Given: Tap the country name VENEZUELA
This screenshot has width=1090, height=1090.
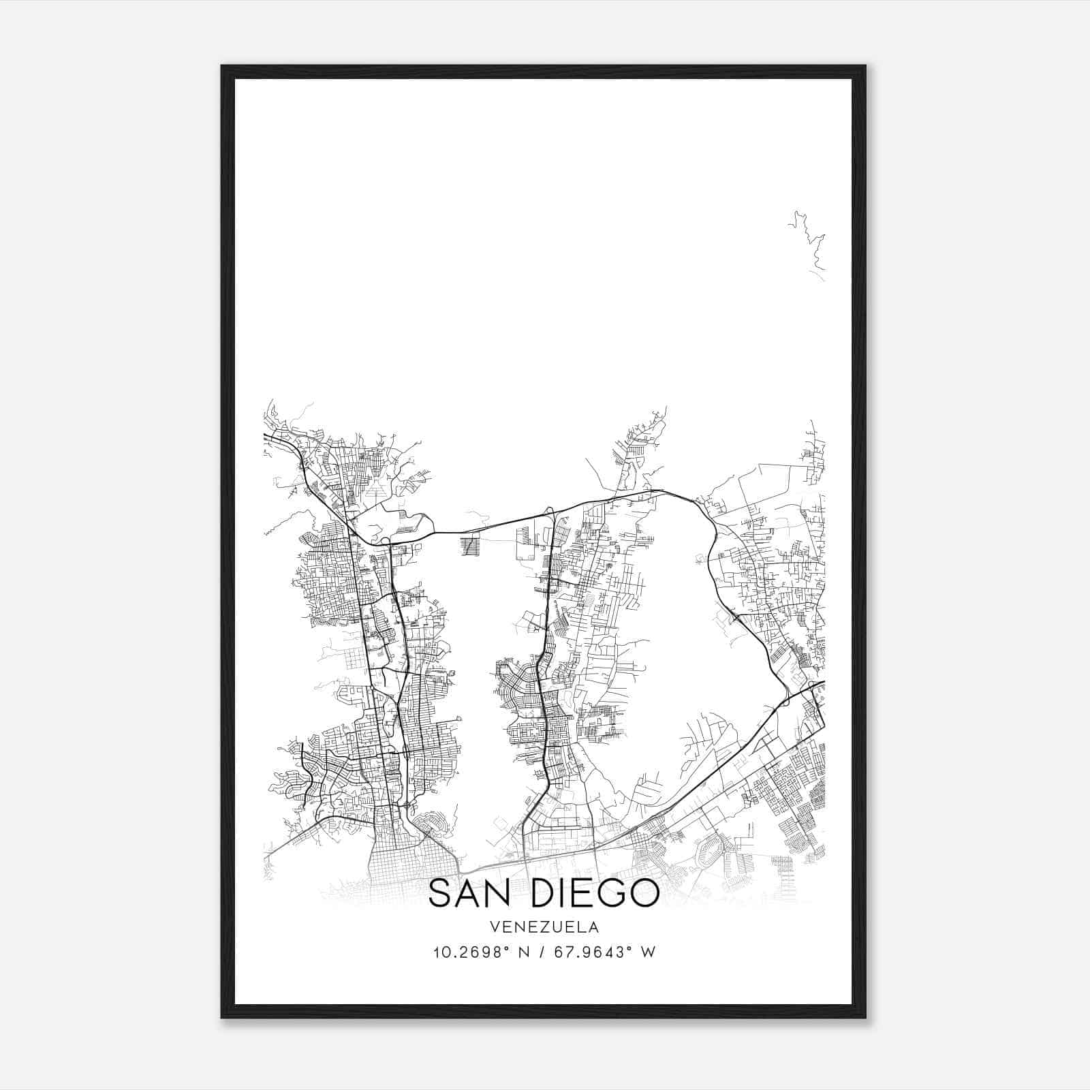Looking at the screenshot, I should [x=544, y=927].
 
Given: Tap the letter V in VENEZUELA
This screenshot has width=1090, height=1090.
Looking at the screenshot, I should [x=494, y=927].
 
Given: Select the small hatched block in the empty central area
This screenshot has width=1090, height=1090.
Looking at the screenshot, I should [x=470, y=547].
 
